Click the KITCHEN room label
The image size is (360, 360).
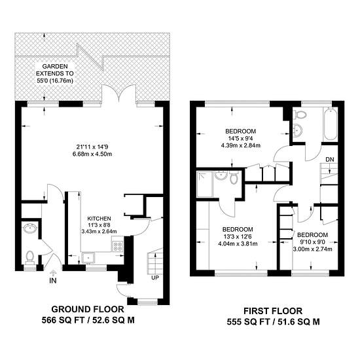click(x=99, y=219)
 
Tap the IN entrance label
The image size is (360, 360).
click(x=53, y=280)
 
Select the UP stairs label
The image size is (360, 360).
click(x=155, y=278)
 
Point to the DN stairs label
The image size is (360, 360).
click(x=330, y=159)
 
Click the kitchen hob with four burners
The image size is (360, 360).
click(x=118, y=246)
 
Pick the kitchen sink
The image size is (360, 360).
click(x=88, y=258)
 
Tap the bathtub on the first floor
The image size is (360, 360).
click(x=330, y=124)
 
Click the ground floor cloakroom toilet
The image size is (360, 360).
click(x=29, y=257)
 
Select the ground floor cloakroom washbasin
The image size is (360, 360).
click(x=30, y=228)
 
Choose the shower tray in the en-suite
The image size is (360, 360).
click(x=205, y=184)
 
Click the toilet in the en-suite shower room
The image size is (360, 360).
click(x=234, y=177)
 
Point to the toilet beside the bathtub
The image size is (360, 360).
click(x=300, y=114)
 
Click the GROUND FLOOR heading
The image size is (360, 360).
click(x=88, y=309)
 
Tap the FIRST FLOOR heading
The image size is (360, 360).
click(x=273, y=311)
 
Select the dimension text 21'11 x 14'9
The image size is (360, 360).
click(x=92, y=147)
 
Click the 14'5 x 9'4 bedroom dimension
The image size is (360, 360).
click(x=241, y=138)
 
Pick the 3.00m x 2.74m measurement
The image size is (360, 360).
click(x=312, y=249)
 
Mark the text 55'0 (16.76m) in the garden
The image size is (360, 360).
click(x=55, y=81)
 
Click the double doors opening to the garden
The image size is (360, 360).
click(x=119, y=93)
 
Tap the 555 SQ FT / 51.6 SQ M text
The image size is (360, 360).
click(x=273, y=321)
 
